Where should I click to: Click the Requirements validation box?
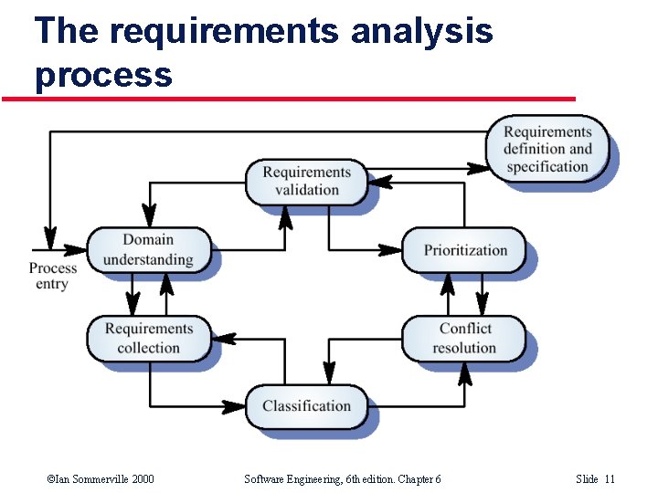[x=306, y=181]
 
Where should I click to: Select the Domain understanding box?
[x=148, y=249]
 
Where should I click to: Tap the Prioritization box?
[x=465, y=250]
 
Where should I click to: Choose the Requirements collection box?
[x=148, y=338]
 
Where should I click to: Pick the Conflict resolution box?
[x=464, y=338]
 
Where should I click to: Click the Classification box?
[x=306, y=406]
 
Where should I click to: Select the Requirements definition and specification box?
[x=547, y=149]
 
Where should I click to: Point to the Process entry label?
[x=52, y=276]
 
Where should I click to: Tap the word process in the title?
[x=103, y=73]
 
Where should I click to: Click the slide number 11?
[x=610, y=479]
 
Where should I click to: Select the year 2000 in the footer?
[x=141, y=479]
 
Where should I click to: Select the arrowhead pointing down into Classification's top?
[x=329, y=374]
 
